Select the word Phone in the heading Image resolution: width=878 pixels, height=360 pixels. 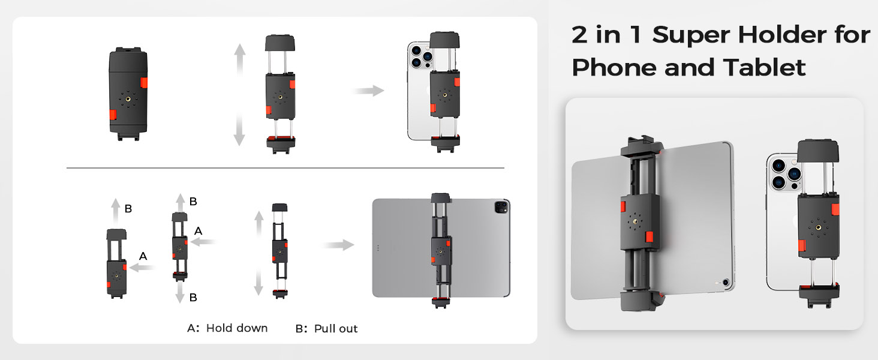click(x=614, y=67)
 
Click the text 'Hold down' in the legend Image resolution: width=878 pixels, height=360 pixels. click(x=237, y=328)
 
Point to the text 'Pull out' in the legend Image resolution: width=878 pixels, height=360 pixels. click(x=336, y=329)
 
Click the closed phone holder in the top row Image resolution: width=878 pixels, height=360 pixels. click(x=128, y=94)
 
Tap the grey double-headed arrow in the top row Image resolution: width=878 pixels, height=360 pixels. click(x=239, y=95)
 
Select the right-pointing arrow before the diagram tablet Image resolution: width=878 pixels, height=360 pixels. click(x=339, y=245)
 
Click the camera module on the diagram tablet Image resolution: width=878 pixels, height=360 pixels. click(x=501, y=207)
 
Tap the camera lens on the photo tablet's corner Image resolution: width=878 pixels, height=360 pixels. click(x=726, y=283)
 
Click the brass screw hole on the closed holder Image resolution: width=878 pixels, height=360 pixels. click(x=128, y=100)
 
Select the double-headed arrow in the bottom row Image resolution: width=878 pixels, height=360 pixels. click(x=258, y=253)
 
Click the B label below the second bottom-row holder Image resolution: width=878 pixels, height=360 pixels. click(x=193, y=298)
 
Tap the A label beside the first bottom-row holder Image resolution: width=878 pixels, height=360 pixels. click(x=143, y=256)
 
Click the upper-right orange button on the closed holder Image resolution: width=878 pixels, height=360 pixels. click(x=144, y=83)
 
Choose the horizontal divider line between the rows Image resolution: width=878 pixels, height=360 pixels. click(x=285, y=168)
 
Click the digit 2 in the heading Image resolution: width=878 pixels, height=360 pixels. click(x=579, y=35)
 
